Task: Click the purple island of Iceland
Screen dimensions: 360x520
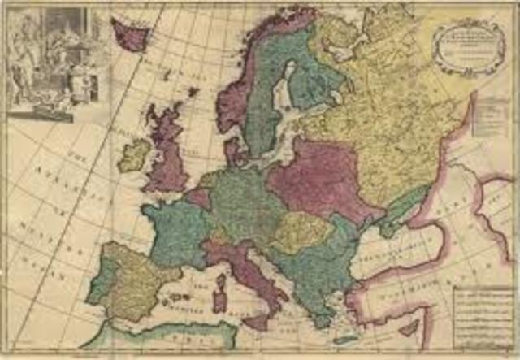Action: point(130,34)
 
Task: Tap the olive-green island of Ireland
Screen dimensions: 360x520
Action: point(134,154)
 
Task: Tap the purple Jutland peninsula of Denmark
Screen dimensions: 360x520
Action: point(236,150)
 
